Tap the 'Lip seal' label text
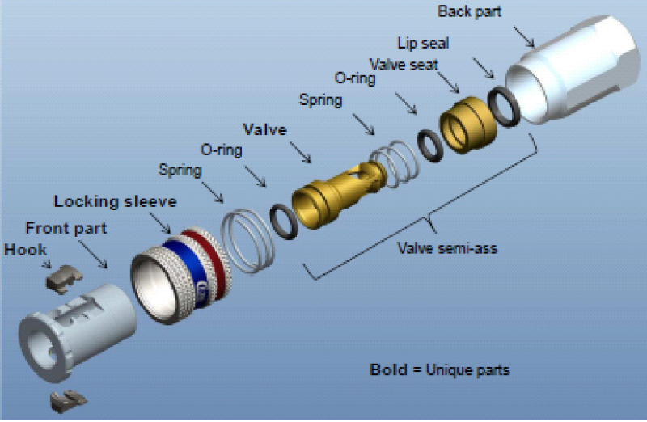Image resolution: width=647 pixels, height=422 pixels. point(423,42)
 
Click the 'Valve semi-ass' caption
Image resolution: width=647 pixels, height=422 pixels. point(446,248)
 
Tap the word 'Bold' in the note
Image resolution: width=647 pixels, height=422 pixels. point(388,369)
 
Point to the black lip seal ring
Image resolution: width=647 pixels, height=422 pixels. point(503,107)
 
